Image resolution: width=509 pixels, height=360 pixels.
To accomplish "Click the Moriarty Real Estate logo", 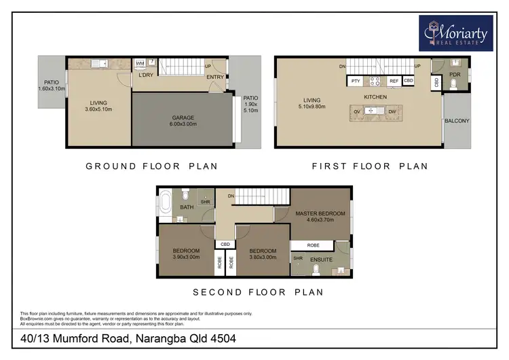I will click(457, 32).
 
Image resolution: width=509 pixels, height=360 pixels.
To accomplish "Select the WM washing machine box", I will click(140, 63).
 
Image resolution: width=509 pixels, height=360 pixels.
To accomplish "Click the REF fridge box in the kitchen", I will click(394, 82).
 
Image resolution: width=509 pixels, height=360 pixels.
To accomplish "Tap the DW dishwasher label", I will click(392, 112).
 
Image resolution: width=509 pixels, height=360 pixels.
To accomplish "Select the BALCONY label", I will click(457, 122).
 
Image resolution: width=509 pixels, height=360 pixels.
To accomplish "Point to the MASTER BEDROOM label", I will click(320, 214).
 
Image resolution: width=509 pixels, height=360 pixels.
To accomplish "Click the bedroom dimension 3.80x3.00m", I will click(263, 257).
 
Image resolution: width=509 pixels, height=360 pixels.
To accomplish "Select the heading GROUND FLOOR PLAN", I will click(151, 166).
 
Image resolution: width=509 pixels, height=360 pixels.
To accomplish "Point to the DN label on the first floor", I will click(343, 66).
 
